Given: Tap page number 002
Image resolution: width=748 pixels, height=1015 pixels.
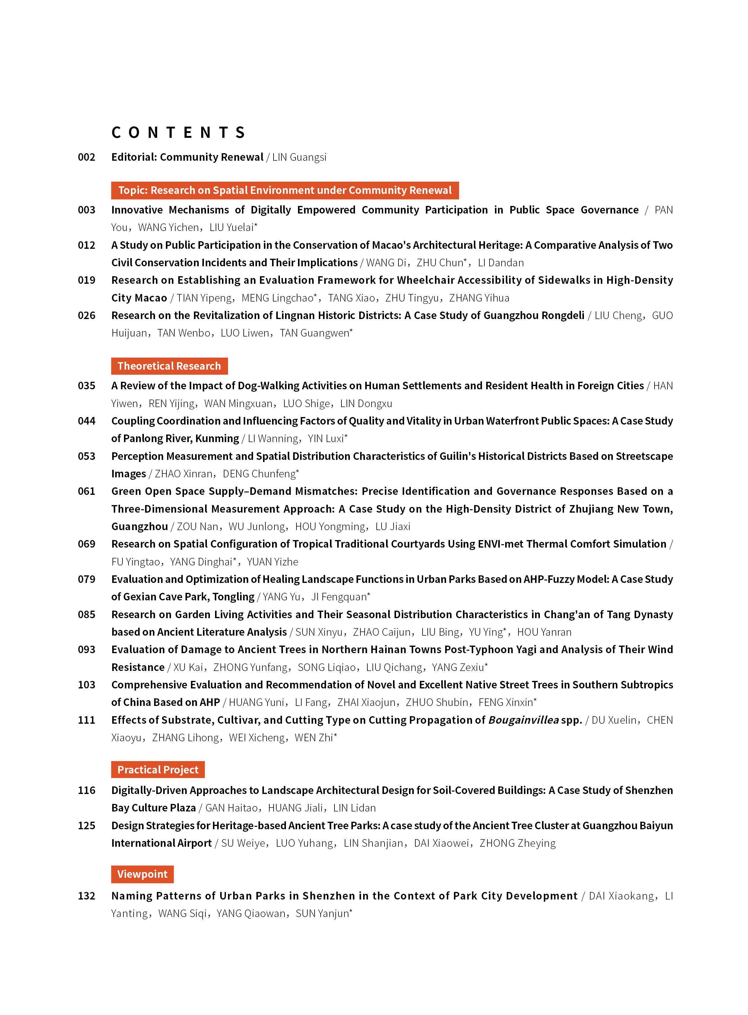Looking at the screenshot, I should [87, 157].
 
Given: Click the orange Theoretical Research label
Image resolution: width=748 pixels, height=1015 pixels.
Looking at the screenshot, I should [169, 366].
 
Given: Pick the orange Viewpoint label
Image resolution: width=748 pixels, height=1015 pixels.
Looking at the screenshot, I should [142, 874].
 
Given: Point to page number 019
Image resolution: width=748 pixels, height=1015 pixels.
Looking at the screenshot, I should [87, 280].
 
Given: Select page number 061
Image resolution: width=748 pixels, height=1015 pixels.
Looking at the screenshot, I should [87, 491].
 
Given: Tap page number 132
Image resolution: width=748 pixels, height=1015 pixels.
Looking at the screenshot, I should [87, 896].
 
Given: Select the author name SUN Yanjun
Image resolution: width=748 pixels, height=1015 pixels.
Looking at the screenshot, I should [323, 914].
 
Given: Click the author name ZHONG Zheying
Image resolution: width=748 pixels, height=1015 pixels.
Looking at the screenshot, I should [518, 843].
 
